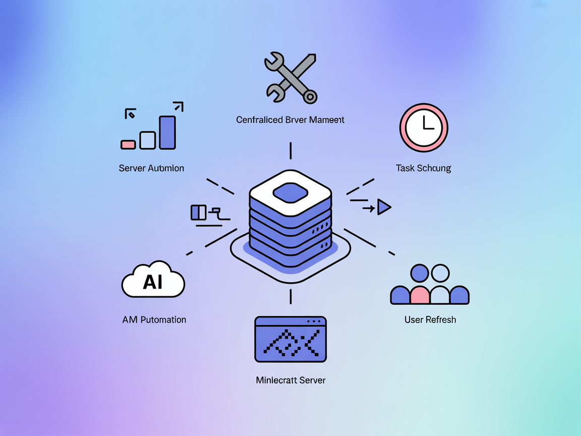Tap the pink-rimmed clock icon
tap(424, 127)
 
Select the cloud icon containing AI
tap(153, 281)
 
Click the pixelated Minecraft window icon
tap(290, 339)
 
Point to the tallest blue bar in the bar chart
tap(167, 132)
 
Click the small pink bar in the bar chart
tap(128, 144)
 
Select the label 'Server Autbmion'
tap(151, 168)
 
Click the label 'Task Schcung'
tap(423, 168)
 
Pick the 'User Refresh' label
tap(430, 319)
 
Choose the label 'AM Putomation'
tap(154, 319)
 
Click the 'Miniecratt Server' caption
tap(290, 380)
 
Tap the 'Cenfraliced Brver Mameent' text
tap(290, 120)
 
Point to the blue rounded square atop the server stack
tap(290, 192)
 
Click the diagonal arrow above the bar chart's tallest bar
tap(178, 106)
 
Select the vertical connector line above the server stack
tap(290, 150)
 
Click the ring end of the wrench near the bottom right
tap(310, 96)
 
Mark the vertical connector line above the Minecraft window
tap(290, 296)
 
